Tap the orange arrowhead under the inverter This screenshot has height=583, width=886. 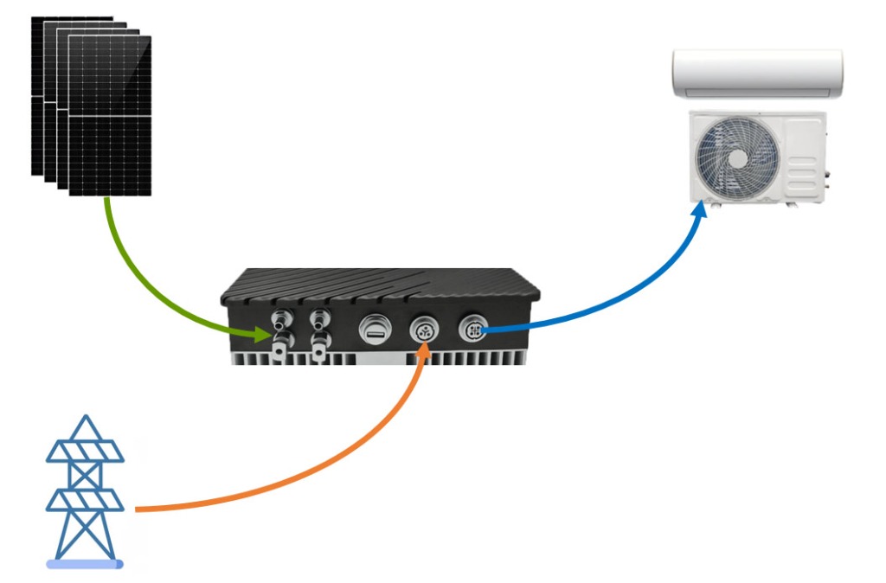pyautogui.click(x=423, y=349)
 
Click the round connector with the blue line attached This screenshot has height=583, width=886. pyautogui.click(x=474, y=329)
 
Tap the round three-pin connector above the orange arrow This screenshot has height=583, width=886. pyautogui.click(x=424, y=330)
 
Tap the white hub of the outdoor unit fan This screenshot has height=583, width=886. pyautogui.click(x=738, y=158)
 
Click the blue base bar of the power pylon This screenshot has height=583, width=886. pyautogui.click(x=85, y=564)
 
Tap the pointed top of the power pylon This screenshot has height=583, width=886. pyautogui.click(x=85, y=420)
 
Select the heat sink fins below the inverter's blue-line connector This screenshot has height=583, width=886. pyautogui.click(x=485, y=354)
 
